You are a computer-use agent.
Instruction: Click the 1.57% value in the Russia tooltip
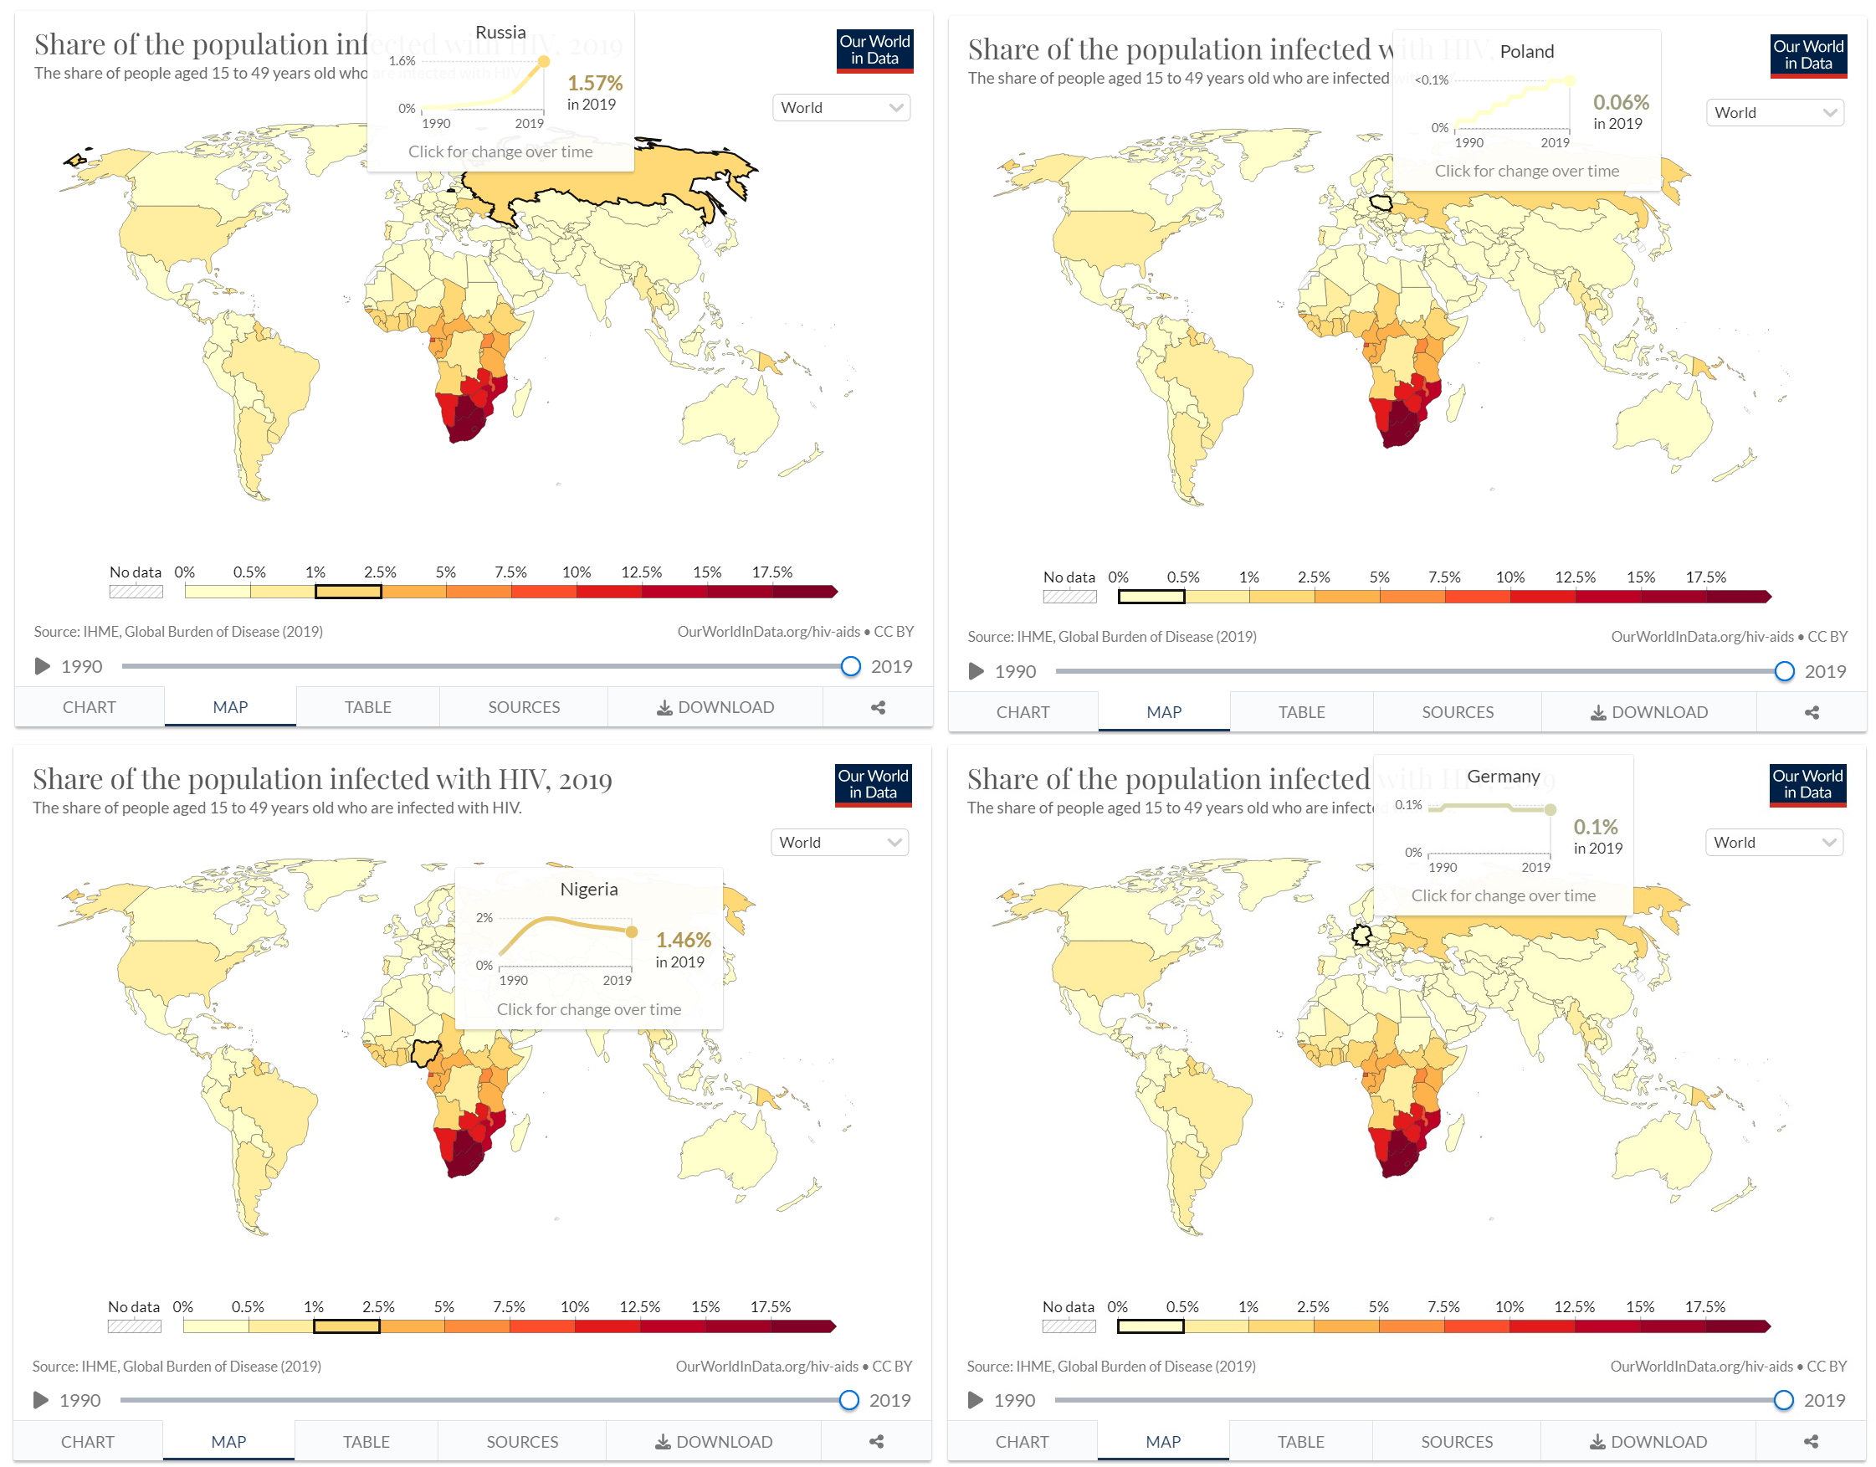click(x=594, y=84)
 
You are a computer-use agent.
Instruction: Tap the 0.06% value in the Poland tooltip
click(x=1620, y=102)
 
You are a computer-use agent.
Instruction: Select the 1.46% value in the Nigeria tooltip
click(x=683, y=941)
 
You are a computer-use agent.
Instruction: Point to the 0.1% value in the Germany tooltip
click(x=1595, y=827)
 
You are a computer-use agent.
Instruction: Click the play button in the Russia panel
click(x=41, y=666)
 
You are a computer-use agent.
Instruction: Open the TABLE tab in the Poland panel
click(x=1300, y=712)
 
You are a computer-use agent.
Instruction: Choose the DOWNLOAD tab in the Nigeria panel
click(x=714, y=1442)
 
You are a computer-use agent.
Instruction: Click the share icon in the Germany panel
click(x=1811, y=1442)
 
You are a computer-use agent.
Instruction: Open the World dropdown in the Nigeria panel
click(x=839, y=843)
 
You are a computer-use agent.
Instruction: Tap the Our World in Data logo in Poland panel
click(x=1807, y=55)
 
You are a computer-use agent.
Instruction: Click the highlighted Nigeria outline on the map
click(x=425, y=1052)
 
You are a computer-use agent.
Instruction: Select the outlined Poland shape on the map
click(x=1381, y=203)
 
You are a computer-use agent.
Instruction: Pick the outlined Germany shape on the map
click(x=1361, y=935)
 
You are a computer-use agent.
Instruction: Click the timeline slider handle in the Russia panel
click(x=849, y=666)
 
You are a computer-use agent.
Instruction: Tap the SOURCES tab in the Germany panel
click(x=1456, y=1442)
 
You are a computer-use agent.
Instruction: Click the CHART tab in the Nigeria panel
click(x=88, y=1442)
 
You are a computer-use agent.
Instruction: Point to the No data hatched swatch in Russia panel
click(x=136, y=592)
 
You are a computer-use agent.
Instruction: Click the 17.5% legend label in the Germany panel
click(x=1704, y=1307)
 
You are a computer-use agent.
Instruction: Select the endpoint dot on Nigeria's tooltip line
click(x=633, y=932)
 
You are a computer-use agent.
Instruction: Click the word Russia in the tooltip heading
click(x=500, y=33)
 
